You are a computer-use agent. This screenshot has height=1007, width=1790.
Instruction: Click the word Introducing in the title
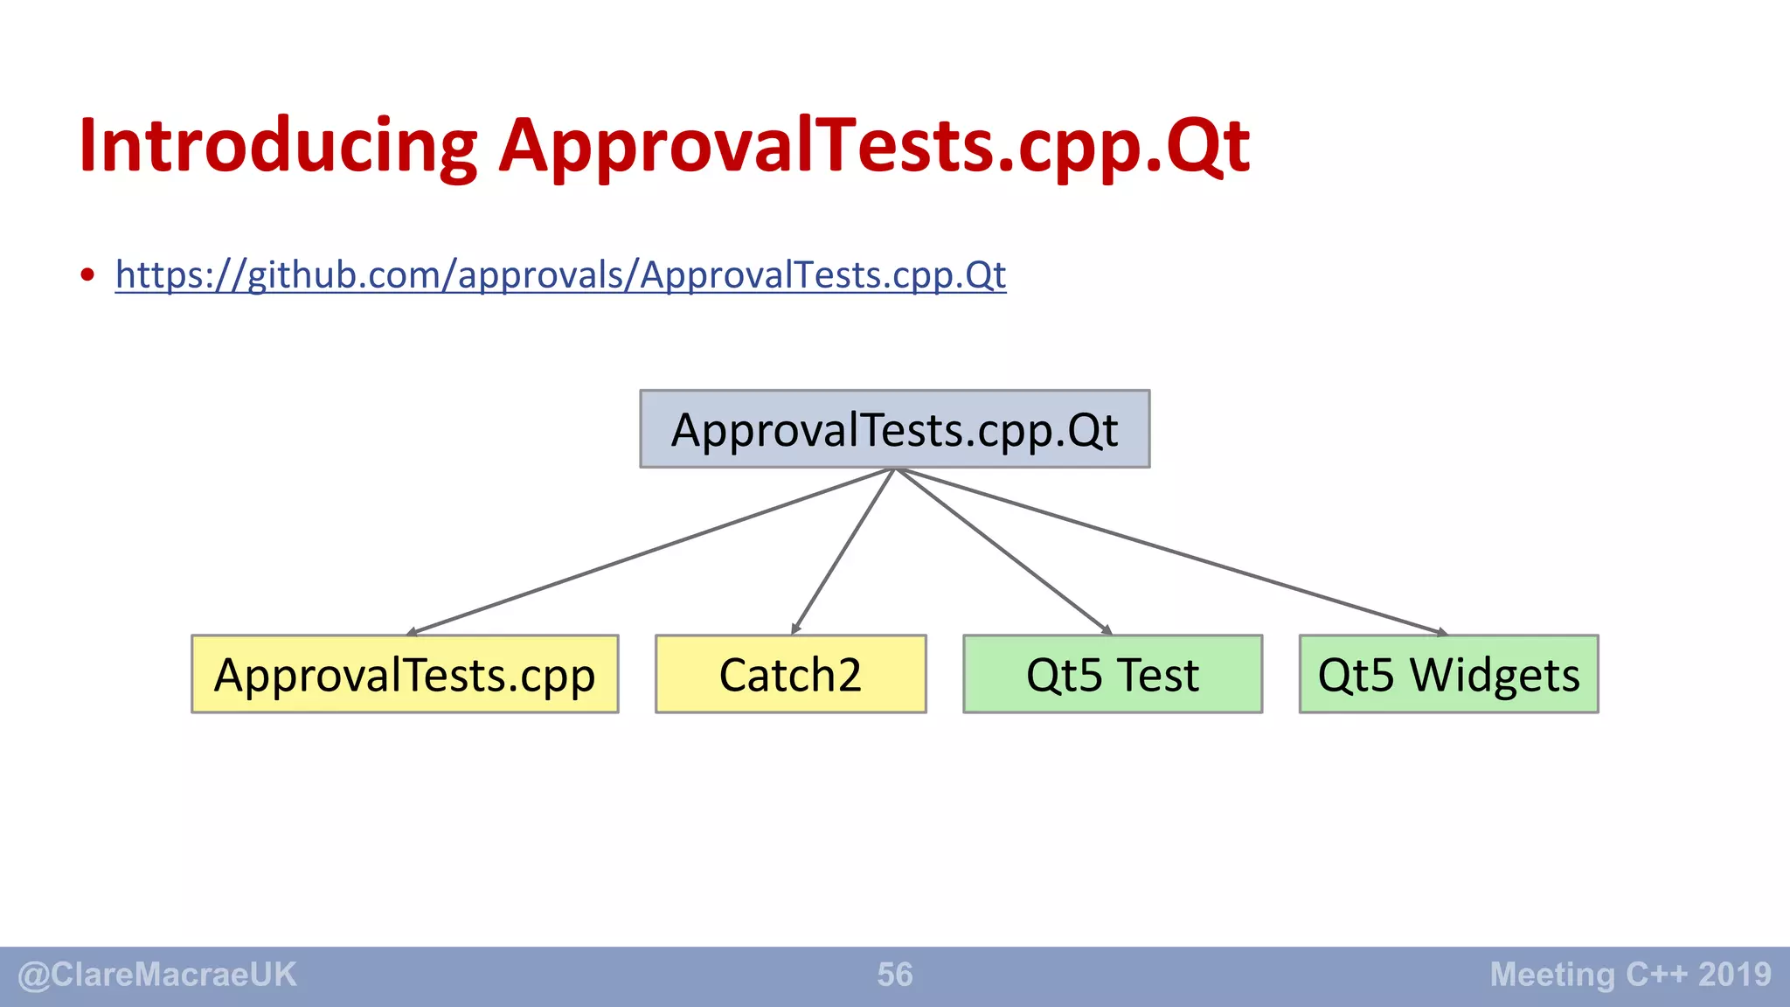(x=278, y=147)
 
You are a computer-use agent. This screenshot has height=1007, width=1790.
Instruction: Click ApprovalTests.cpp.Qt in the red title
(x=874, y=147)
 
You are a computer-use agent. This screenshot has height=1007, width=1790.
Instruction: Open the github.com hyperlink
(x=560, y=275)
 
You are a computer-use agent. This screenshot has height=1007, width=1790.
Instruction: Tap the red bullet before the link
(x=87, y=275)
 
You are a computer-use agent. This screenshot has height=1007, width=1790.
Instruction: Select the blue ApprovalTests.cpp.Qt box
(x=894, y=429)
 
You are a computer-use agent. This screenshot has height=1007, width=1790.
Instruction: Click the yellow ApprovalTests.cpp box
(x=405, y=674)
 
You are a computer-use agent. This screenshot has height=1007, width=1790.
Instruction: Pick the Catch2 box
(x=790, y=674)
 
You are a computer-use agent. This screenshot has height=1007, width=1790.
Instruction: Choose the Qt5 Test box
(x=1112, y=674)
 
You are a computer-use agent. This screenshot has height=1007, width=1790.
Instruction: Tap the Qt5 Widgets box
(x=1448, y=674)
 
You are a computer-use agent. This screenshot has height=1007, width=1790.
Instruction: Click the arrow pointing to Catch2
(x=843, y=551)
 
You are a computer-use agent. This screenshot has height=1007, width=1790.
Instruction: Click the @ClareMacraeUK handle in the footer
(x=157, y=975)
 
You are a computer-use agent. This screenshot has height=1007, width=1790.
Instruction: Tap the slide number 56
(x=894, y=975)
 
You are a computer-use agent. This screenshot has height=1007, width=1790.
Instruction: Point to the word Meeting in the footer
(x=1552, y=975)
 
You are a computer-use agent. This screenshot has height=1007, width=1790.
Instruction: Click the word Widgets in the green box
(x=1495, y=676)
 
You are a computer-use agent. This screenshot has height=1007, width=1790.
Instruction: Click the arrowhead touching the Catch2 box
(x=794, y=629)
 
